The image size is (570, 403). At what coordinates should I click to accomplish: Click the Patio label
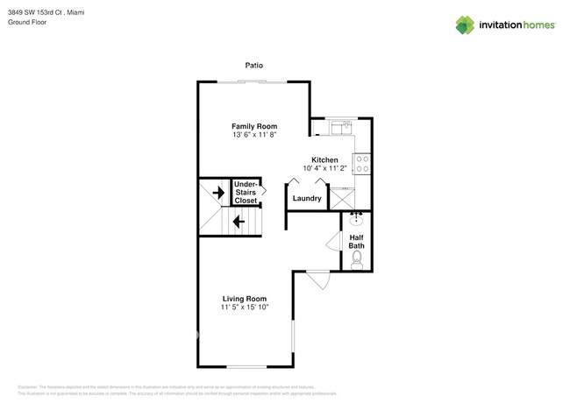coord(253,65)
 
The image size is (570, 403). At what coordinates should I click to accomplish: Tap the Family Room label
coord(253,126)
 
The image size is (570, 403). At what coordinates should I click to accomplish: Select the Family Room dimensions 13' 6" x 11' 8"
coord(253,136)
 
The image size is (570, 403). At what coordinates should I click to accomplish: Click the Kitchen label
coord(324,159)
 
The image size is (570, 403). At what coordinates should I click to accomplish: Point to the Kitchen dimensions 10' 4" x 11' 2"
coord(324,168)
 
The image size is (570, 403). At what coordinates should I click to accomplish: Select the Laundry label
coord(307,199)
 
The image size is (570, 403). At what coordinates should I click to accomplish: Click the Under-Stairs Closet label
coord(246,192)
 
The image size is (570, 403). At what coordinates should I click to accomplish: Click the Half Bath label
coord(357,241)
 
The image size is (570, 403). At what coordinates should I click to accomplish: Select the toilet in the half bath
coord(358,258)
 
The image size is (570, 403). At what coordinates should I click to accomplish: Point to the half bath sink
coord(357,220)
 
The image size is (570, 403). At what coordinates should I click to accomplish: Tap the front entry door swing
coord(318,279)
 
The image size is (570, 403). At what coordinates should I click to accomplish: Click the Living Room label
coord(244,299)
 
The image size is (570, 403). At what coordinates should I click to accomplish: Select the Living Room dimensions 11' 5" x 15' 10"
coord(244,308)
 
